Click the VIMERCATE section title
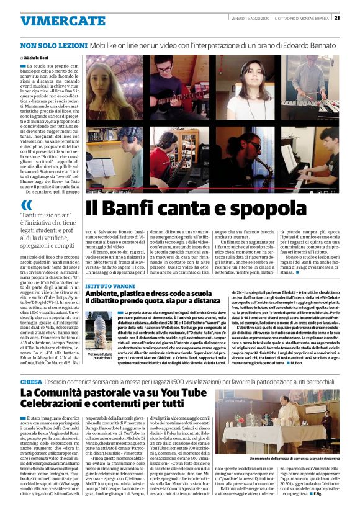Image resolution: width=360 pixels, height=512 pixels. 63,21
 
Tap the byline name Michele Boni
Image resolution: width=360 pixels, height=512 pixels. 40,56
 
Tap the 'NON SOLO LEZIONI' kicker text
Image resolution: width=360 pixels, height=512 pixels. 53,45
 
